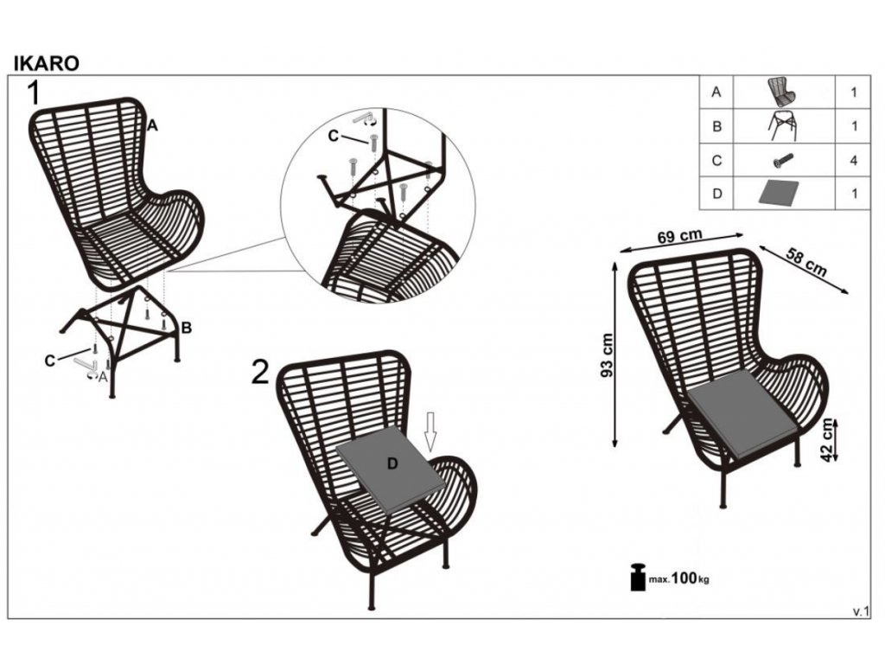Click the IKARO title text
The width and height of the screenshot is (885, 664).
click(x=45, y=63)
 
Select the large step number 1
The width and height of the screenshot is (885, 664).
click(x=35, y=93)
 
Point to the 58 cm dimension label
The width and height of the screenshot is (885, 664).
click(x=806, y=262)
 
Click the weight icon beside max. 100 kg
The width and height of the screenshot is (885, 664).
click(x=638, y=577)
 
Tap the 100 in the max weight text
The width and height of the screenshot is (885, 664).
click(x=684, y=577)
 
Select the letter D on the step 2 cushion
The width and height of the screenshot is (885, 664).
click(x=392, y=464)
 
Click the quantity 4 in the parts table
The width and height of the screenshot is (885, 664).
click(x=853, y=160)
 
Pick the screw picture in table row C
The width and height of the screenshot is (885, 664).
click(x=783, y=160)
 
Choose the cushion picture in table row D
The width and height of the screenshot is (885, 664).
click(x=783, y=193)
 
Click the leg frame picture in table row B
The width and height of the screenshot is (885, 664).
click(x=783, y=126)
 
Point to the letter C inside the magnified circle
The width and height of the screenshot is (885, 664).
click(x=334, y=135)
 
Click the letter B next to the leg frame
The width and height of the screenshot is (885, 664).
click(x=186, y=327)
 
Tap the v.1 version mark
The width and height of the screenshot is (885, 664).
click(x=860, y=612)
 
